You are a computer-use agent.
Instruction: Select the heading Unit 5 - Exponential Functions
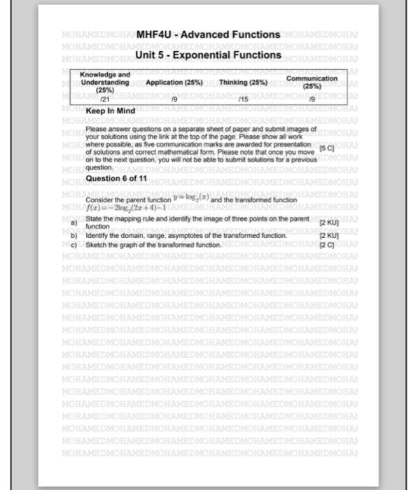coord(208,54)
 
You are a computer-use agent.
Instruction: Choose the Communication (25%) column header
coord(312,83)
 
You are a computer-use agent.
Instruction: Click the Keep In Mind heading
coord(110,111)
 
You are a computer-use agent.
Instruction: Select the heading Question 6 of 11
coord(115,179)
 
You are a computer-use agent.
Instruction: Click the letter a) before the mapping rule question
coord(73,222)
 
